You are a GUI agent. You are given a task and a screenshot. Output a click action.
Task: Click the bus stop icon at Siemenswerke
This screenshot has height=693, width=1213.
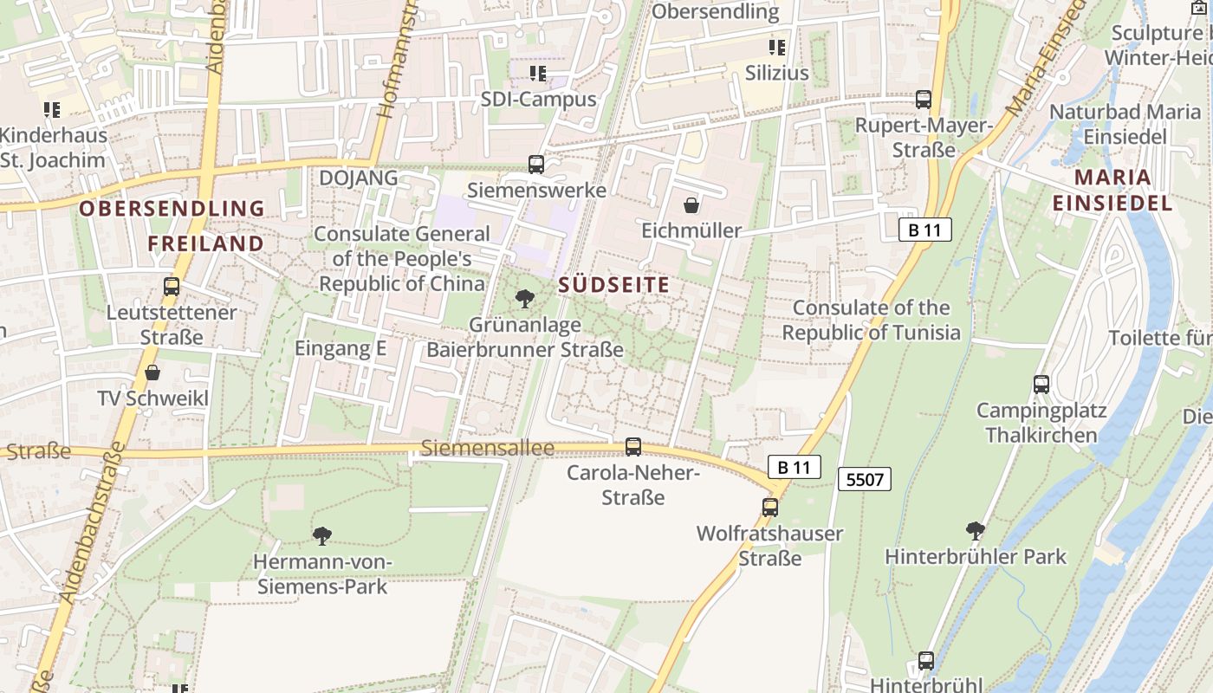[536, 164]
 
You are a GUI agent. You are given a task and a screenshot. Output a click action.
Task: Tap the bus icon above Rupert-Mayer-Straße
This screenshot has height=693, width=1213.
[924, 100]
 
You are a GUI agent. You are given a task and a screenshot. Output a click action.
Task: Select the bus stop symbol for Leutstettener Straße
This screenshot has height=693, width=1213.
[172, 287]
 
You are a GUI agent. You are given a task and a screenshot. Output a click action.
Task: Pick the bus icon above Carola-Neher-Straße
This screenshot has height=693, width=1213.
[633, 447]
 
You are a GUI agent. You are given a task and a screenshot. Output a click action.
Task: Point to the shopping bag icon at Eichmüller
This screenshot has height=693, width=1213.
[691, 205]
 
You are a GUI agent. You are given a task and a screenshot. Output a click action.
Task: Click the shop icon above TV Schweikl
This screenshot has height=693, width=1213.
[152, 373]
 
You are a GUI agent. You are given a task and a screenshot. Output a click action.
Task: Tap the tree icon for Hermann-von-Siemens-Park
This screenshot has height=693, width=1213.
[322, 536]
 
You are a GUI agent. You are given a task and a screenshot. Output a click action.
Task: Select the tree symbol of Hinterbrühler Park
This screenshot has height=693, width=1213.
[976, 530]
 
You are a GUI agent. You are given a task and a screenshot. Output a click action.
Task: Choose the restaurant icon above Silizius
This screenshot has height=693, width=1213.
[777, 47]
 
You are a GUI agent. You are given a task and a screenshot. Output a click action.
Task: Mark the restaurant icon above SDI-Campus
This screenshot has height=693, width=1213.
[538, 74]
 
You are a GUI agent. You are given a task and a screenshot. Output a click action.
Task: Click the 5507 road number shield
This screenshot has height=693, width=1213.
[865, 478]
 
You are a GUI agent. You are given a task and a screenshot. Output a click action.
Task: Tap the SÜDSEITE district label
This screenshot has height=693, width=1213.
[614, 285]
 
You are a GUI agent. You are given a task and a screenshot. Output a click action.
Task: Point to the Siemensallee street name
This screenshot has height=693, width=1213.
[488, 448]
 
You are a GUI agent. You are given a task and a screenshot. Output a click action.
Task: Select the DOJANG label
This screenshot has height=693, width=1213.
[359, 178]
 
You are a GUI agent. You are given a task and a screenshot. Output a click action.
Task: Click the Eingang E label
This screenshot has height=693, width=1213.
[341, 348]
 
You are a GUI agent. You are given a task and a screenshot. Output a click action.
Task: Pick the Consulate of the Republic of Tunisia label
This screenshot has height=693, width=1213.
[872, 321]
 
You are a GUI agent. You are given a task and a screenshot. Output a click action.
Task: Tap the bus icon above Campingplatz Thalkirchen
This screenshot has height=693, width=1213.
[1041, 384]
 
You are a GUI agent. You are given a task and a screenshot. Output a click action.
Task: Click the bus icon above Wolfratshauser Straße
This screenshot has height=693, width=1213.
[770, 508]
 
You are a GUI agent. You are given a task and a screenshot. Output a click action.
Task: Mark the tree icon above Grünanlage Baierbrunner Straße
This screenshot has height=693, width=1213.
[524, 300]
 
